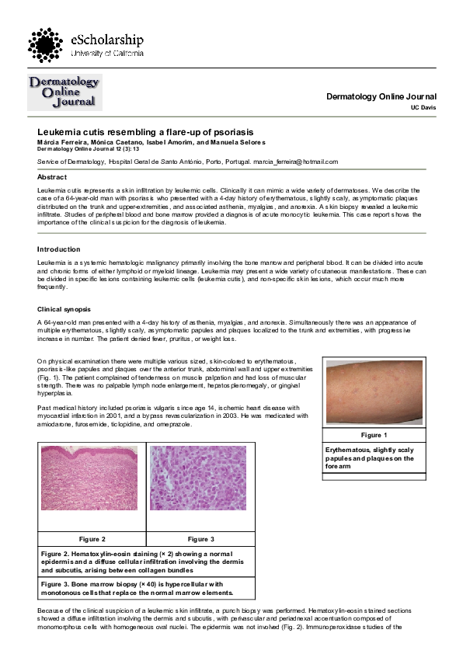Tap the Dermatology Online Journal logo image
(64, 92)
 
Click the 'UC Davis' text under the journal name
(424, 107)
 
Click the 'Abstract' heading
(53, 177)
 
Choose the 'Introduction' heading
(59, 249)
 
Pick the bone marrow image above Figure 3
(200, 487)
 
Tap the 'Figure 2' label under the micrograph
(92, 538)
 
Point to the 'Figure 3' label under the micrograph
(200, 538)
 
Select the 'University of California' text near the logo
(107, 54)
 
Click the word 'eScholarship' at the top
(107, 39)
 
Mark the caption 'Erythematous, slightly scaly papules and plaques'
(369, 458)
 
